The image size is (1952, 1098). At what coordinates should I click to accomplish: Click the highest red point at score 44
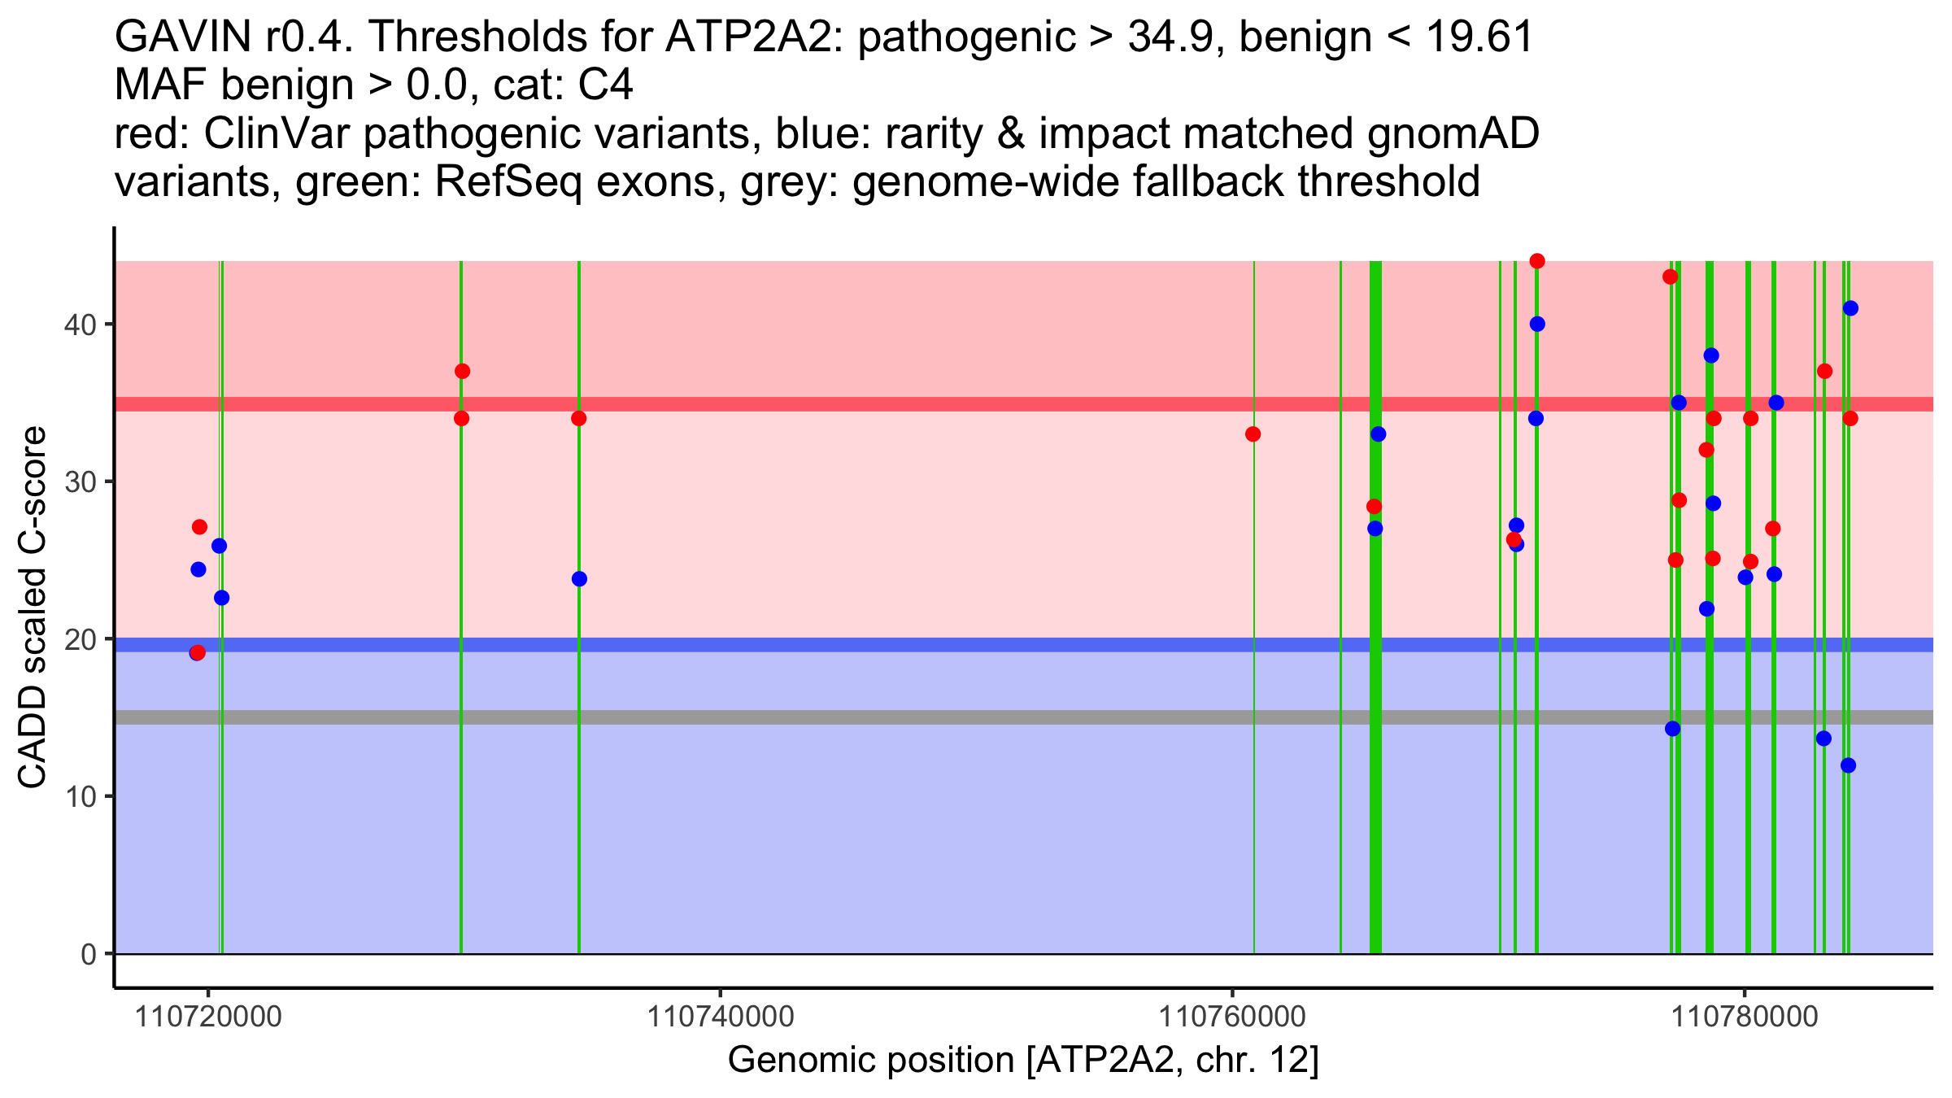[1537, 261]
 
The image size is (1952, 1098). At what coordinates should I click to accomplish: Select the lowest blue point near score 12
[1848, 765]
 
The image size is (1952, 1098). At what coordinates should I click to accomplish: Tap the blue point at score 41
[1850, 308]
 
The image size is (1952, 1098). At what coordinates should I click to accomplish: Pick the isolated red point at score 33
[1253, 434]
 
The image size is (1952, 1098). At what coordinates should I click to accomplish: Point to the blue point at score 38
[1711, 355]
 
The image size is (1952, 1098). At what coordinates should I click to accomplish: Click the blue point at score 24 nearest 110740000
[579, 579]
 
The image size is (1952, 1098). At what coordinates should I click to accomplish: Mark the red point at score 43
[1671, 277]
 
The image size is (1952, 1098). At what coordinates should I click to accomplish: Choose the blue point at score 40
[1537, 324]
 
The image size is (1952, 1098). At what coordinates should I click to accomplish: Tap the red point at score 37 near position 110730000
[462, 372]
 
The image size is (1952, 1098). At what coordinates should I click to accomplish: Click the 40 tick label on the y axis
[79, 325]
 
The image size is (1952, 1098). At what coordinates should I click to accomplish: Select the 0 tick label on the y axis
[88, 954]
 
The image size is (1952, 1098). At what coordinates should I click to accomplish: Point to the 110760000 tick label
[1231, 1017]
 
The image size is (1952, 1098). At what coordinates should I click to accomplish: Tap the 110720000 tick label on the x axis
[208, 1017]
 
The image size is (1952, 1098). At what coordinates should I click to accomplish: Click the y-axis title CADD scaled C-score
[33, 609]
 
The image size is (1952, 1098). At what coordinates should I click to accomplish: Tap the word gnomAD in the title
[1453, 133]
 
